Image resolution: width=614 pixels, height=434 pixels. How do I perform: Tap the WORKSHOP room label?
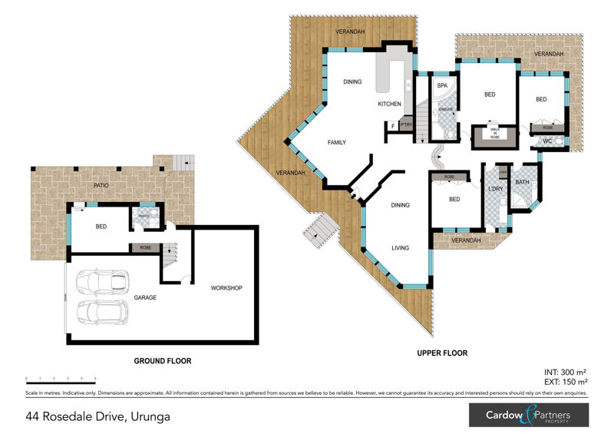226,288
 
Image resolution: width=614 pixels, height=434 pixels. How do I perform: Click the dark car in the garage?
101,281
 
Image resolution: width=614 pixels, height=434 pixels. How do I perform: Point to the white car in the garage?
101,312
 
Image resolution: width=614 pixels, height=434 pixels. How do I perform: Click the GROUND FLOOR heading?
162,360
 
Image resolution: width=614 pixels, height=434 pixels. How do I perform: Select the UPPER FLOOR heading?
443,353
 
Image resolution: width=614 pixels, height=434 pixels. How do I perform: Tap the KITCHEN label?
389,104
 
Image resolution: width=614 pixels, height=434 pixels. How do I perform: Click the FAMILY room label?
336,142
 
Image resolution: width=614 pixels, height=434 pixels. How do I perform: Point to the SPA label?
441,86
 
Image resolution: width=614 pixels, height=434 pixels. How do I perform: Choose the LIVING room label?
400,248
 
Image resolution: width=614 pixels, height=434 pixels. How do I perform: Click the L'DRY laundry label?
495,189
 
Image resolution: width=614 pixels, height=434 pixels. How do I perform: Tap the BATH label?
523,182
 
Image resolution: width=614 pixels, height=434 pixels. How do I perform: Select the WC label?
547,141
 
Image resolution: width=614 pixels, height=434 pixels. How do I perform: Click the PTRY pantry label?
406,125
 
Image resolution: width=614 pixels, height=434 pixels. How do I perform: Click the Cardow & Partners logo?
529,416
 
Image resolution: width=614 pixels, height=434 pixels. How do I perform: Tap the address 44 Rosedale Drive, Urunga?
97,416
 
